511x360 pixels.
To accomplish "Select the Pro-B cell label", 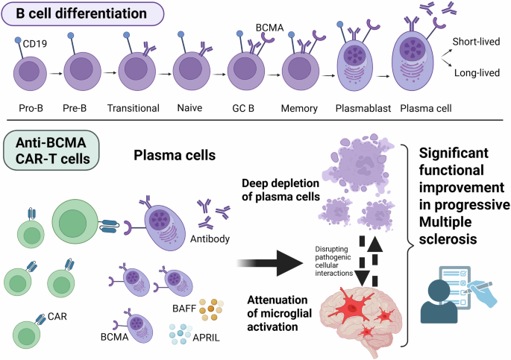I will click(31, 107).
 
